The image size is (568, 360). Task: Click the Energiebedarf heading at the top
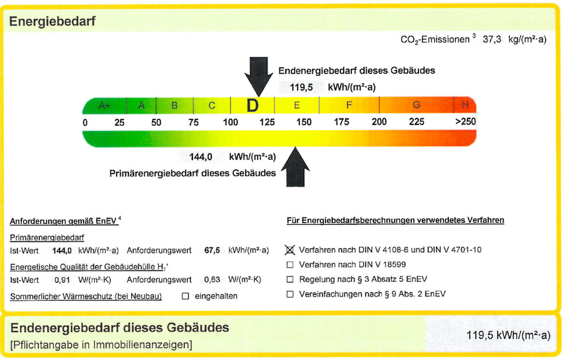(x=52, y=22)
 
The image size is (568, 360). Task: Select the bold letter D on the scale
(x=253, y=106)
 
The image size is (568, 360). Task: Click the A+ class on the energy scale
(x=104, y=106)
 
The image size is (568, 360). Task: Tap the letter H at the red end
(x=465, y=105)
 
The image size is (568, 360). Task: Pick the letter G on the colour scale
(x=417, y=105)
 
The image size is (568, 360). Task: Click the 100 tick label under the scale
(x=230, y=122)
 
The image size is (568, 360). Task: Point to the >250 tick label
(x=465, y=122)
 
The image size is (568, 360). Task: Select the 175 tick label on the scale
(x=341, y=122)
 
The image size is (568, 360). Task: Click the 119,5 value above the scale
(x=301, y=87)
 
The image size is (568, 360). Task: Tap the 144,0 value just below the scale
(x=201, y=157)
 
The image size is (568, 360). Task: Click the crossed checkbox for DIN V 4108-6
(x=290, y=250)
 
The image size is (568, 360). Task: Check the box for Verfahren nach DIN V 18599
(x=290, y=265)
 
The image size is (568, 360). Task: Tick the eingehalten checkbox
(x=185, y=295)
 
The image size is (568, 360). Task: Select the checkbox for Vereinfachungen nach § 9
(x=290, y=294)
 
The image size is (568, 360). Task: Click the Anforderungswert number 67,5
(x=212, y=250)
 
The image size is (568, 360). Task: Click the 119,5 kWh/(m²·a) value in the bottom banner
(x=508, y=335)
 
